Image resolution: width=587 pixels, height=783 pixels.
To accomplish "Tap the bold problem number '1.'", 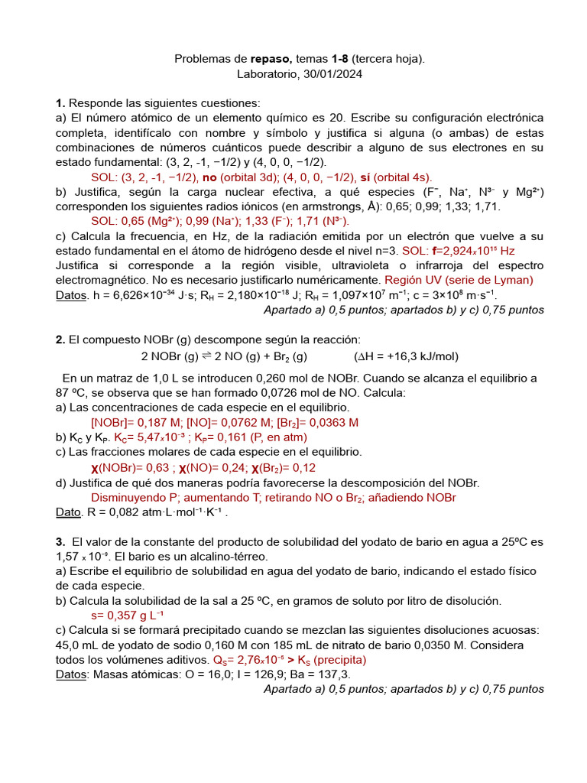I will [x=60, y=103].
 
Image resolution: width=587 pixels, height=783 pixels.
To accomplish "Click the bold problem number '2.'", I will [x=60, y=340].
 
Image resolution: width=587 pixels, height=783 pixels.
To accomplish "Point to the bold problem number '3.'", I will [x=60, y=542].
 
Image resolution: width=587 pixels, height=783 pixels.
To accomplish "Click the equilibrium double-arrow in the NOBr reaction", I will [x=206, y=356].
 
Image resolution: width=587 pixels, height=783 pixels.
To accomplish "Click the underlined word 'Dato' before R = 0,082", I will [x=70, y=512].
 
